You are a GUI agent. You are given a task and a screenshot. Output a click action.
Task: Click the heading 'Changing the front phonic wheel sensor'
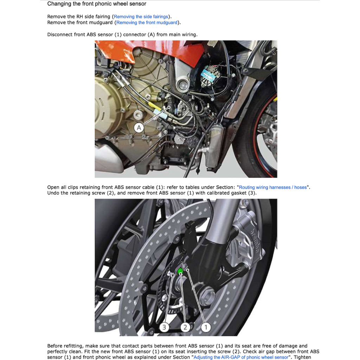coord(97,4)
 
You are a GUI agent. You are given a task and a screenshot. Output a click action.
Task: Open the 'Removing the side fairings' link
coord(141,17)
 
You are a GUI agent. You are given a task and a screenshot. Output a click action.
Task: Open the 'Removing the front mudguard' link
coord(147,22)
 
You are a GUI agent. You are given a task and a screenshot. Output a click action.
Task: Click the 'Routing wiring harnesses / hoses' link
coord(273,187)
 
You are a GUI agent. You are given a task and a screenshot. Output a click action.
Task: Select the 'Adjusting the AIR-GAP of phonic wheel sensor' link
coord(241,357)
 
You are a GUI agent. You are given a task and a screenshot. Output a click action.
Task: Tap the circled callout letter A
coord(139,128)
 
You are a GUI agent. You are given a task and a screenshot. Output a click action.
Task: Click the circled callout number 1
coord(206,327)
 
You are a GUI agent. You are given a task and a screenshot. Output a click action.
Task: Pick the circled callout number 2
coord(185,327)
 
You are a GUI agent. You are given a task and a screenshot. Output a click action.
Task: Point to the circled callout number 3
coord(164,327)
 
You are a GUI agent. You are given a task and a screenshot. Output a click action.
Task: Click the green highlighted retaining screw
coord(180,271)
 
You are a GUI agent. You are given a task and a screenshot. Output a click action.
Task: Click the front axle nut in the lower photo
coord(207,293)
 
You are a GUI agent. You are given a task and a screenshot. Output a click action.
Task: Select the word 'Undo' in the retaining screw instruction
coord(53,193)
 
